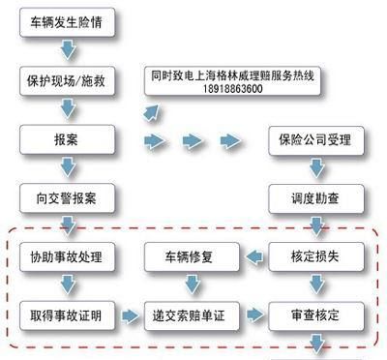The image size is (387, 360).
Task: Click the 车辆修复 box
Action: (x=190, y=257)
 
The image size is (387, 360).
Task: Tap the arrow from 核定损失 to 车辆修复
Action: (x=253, y=257)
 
